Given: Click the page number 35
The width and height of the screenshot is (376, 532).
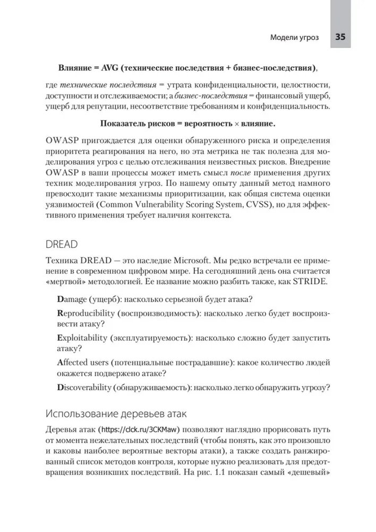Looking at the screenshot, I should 340,37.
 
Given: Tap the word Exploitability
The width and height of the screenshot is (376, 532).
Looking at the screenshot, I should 81,338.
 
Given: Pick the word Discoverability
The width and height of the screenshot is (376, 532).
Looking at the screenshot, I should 84,388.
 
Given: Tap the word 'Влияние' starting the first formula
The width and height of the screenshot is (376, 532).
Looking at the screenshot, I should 74,68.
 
